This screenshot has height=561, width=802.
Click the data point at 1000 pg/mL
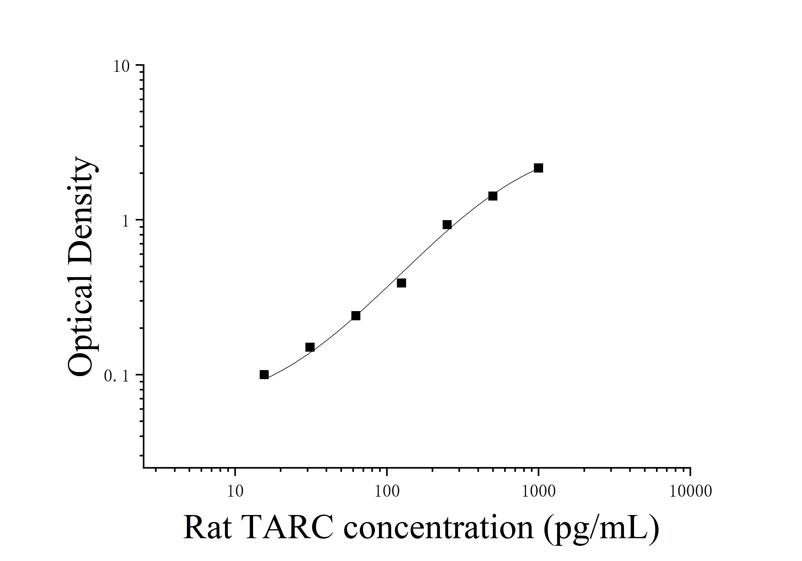point(538,168)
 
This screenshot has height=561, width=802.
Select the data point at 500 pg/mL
point(493,196)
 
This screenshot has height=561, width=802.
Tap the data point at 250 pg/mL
point(447,225)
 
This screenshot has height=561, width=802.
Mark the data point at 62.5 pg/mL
point(356,316)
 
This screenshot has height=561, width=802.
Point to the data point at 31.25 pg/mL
point(310,347)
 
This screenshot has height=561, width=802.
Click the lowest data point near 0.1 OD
point(264,375)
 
